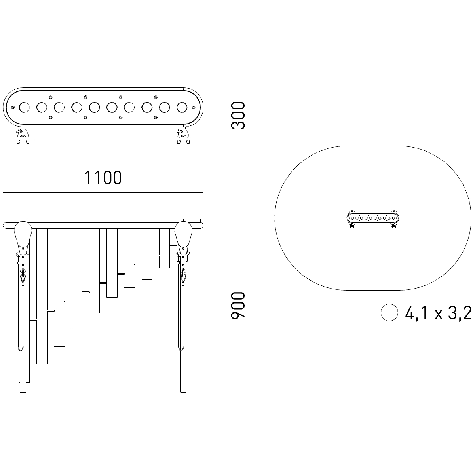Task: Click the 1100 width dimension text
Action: point(103,177)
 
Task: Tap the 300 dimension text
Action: point(238,115)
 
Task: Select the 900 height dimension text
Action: point(238,306)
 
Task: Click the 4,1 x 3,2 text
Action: point(439,313)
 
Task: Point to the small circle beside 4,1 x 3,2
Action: point(389,312)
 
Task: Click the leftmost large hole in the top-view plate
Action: point(24,108)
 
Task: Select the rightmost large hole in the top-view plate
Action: point(182,108)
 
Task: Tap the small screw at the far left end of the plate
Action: point(13,107)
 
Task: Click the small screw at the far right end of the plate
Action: point(194,107)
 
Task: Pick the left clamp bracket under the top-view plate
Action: point(23,136)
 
